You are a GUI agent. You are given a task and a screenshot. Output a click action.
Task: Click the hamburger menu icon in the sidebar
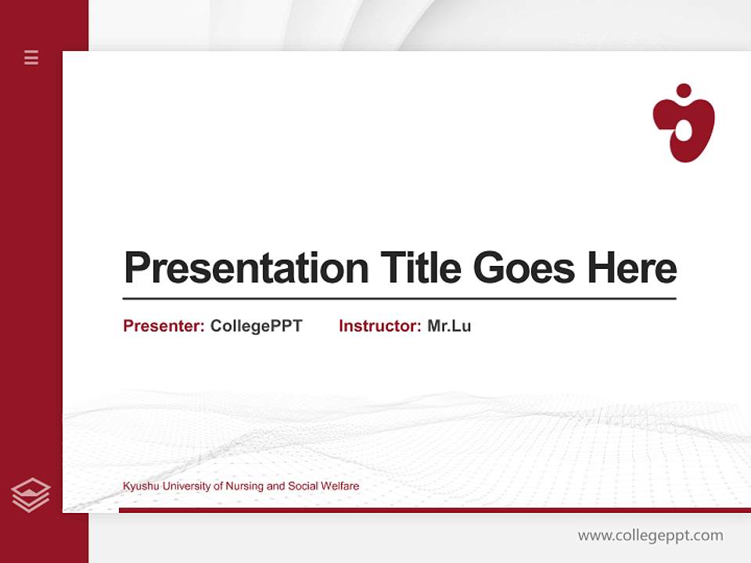[x=31, y=57]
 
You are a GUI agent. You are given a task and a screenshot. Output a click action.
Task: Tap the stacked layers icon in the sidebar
[x=31, y=495]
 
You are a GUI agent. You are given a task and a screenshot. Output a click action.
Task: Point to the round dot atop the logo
[x=684, y=91]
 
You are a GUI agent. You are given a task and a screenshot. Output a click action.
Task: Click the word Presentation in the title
[x=246, y=268]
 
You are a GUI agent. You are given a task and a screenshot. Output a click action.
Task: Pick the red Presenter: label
[x=163, y=326]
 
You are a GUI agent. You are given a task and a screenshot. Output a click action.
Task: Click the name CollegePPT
[x=256, y=326]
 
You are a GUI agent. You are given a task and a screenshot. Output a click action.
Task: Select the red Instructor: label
[x=379, y=326]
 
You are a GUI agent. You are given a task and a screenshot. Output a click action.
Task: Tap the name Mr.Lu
[x=449, y=326]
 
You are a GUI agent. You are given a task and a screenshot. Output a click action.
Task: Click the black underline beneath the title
[x=399, y=298]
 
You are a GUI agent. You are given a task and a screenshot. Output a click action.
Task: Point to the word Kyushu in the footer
[x=138, y=486]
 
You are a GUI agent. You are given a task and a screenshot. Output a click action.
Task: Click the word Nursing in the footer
[x=244, y=486]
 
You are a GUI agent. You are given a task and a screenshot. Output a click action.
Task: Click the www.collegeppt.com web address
[x=650, y=536]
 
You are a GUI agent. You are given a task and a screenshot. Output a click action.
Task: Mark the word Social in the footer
[x=302, y=486]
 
